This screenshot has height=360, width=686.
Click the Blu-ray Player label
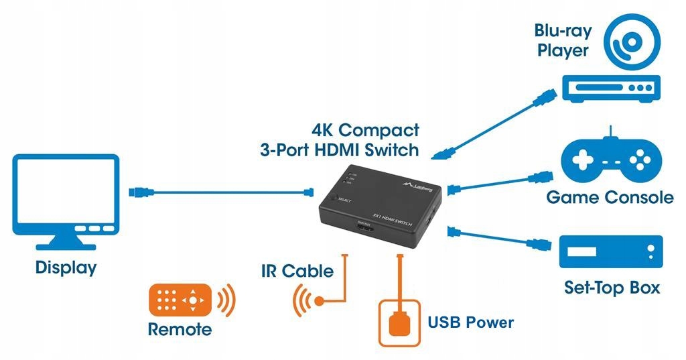(x=561, y=40)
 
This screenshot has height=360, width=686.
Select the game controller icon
(x=610, y=161)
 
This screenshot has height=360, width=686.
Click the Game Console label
(x=610, y=197)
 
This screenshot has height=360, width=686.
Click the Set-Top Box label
(x=611, y=288)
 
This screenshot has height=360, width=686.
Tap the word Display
(x=66, y=267)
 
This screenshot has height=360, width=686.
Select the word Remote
(x=180, y=329)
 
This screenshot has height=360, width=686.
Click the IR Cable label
(x=297, y=271)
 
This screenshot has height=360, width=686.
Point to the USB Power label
(x=470, y=322)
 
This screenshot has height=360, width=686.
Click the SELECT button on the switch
(x=333, y=198)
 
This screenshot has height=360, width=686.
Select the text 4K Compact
(x=365, y=129)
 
